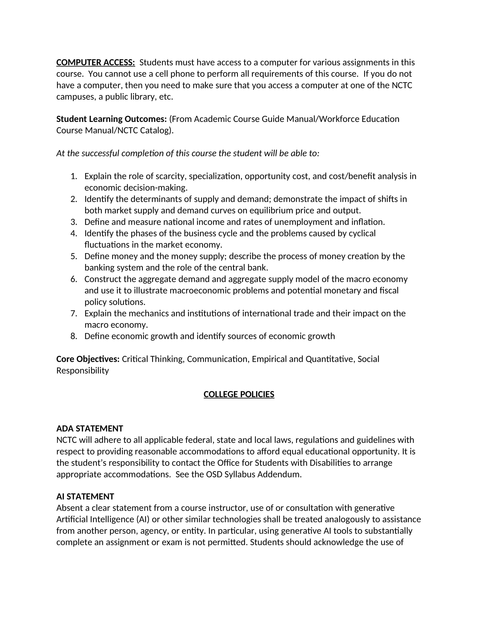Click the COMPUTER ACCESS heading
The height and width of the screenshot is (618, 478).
(95, 62)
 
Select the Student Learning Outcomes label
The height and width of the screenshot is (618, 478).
(112, 119)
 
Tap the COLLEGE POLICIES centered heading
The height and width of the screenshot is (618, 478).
(239, 394)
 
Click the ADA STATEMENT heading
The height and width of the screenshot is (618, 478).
(89, 428)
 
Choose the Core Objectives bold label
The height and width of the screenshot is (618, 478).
(88, 359)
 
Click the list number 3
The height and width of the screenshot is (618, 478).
(74, 222)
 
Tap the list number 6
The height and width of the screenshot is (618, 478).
(74, 279)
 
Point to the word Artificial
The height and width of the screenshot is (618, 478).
(72, 519)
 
